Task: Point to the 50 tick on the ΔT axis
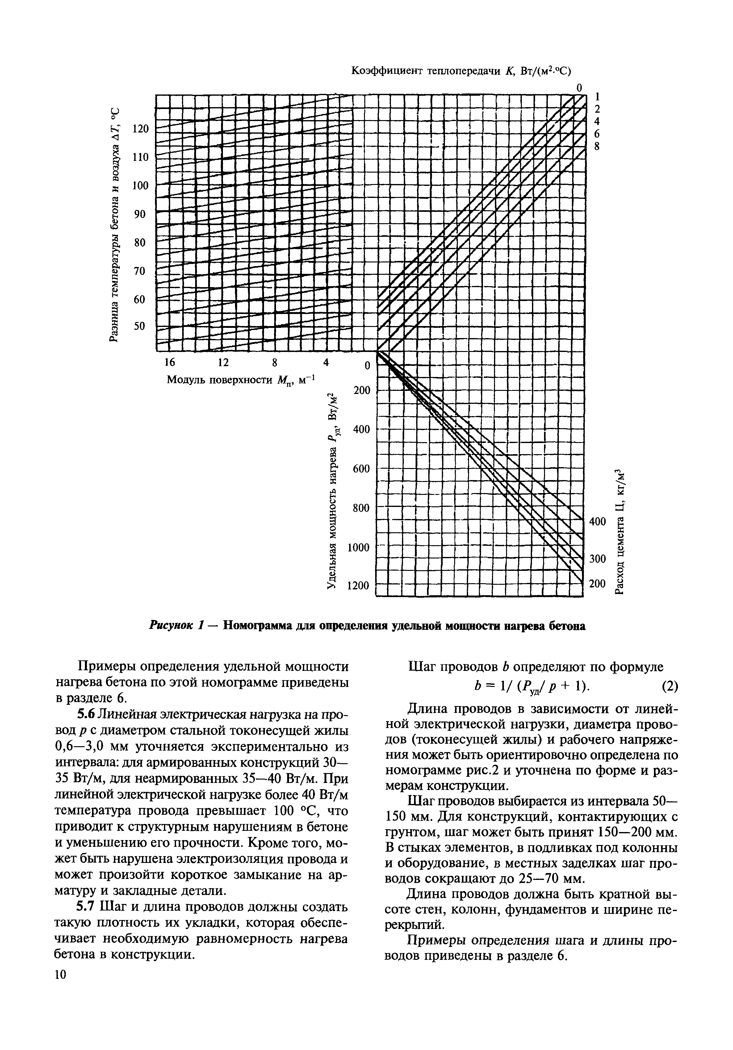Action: [x=139, y=326]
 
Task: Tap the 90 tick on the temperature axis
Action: [x=139, y=214]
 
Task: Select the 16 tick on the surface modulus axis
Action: [x=169, y=362]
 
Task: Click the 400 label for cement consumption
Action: [x=597, y=521]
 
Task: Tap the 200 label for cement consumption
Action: [x=597, y=584]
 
